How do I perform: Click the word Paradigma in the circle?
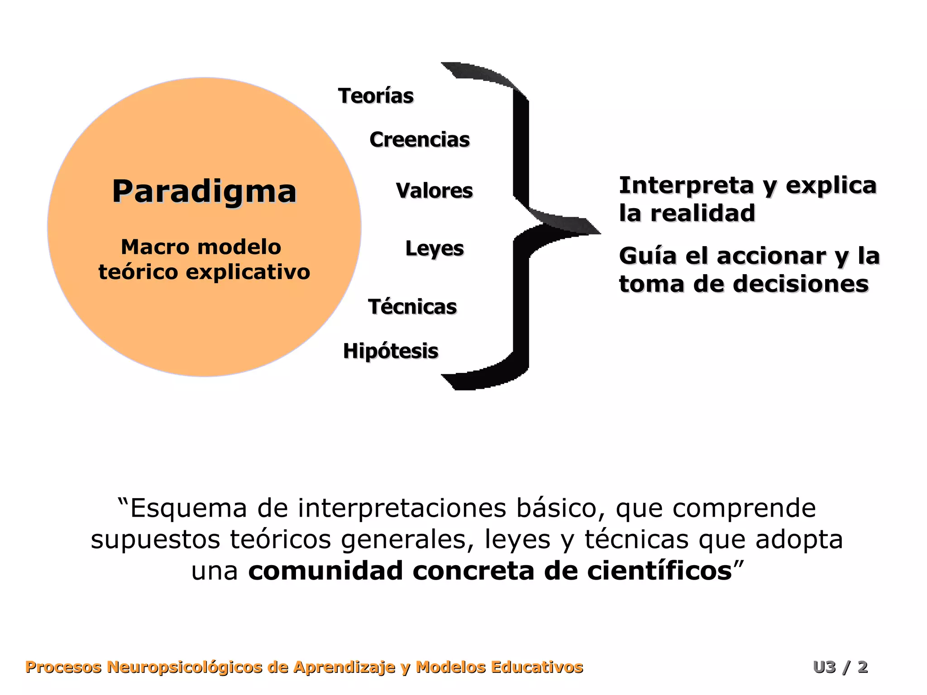click(204, 192)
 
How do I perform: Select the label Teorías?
click(376, 96)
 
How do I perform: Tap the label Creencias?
click(420, 139)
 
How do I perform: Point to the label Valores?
click(434, 190)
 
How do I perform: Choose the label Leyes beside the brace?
click(435, 248)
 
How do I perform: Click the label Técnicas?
click(412, 307)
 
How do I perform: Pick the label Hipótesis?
click(391, 351)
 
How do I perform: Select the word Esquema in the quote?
click(188, 508)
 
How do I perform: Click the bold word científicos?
click(659, 571)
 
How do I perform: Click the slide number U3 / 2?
click(840, 667)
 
